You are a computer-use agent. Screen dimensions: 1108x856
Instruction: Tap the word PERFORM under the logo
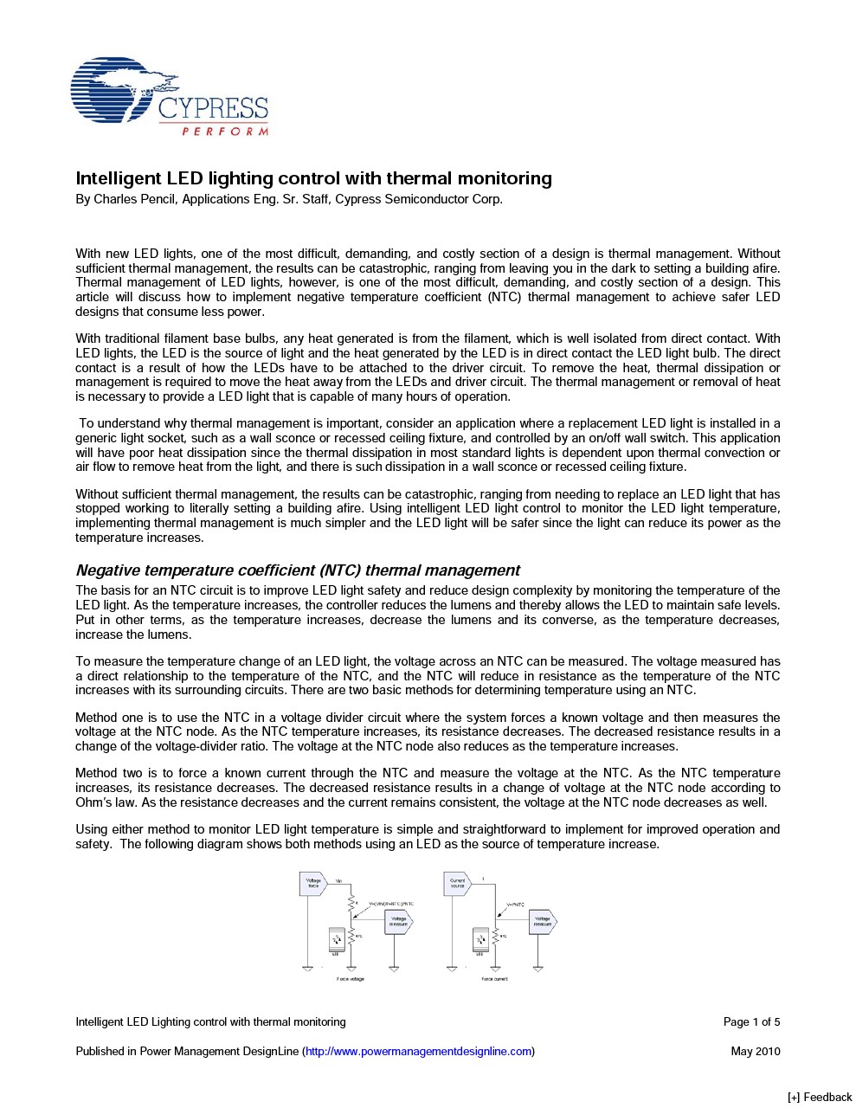[x=225, y=132]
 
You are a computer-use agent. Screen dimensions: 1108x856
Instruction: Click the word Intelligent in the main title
[x=118, y=178]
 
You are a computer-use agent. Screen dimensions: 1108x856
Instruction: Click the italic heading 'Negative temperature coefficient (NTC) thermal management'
[x=298, y=570]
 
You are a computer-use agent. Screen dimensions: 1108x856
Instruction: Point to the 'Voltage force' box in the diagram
[x=312, y=883]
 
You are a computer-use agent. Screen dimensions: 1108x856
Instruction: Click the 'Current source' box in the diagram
[x=457, y=883]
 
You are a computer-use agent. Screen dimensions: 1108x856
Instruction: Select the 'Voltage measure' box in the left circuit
[x=398, y=922]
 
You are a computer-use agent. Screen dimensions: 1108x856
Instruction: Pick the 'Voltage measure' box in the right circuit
[x=542, y=922]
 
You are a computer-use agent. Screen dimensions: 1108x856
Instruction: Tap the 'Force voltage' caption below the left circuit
[x=351, y=979]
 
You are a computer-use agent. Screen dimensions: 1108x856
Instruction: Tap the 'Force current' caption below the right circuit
[x=495, y=979]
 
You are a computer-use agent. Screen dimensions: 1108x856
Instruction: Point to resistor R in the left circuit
[x=351, y=903]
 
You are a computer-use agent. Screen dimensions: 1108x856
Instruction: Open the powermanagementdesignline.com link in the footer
[x=418, y=1052]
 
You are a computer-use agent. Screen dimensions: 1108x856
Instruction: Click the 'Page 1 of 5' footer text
[x=751, y=1022]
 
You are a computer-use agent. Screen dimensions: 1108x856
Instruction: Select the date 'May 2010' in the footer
[x=755, y=1052]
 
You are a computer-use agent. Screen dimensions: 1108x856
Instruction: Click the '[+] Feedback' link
[x=819, y=1097]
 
